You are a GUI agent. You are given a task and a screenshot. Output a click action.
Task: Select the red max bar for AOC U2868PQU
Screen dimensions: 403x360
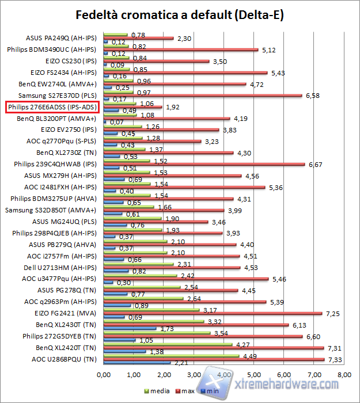point(213,359)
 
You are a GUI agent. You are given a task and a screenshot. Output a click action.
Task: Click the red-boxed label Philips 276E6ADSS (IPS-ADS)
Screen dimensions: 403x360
point(52,107)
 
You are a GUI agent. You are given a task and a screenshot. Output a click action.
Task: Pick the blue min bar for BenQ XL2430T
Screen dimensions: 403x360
point(130,329)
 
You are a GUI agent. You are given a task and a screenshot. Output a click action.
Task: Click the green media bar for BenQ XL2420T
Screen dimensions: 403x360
point(168,345)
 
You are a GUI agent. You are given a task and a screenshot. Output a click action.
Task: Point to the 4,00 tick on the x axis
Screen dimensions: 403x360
point(224,375)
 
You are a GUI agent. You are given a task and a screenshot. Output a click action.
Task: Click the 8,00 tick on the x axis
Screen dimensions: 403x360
point(344,375)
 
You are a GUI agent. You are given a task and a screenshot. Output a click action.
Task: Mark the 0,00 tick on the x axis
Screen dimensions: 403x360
point(104,375)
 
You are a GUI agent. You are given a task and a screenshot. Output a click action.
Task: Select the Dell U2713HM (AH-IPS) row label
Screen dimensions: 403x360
point(66,268)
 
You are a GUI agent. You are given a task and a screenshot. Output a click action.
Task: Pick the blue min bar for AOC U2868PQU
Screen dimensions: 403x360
point(137,363)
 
